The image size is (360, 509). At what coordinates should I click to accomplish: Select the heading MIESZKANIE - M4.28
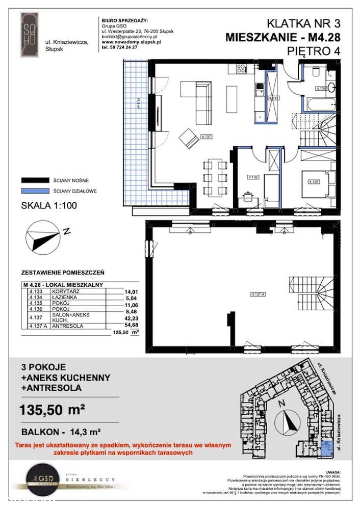coord(282,37)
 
